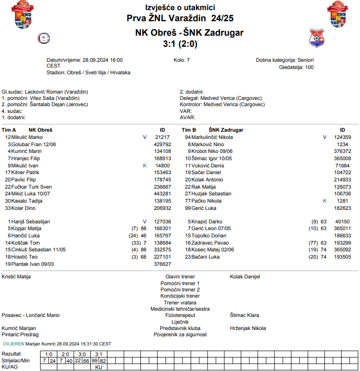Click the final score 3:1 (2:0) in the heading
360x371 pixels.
click(x=180, y=44)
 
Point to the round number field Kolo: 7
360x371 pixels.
click(x=181, y=60)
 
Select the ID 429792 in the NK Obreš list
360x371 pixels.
click(x=162, y=144)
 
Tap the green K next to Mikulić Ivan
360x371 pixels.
click(x=144, y=165)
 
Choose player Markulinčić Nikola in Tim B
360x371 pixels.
click(x=212, y=137)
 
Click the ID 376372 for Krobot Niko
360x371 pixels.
click(x=342, y=151)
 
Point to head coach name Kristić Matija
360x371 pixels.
click(x=16, y=276)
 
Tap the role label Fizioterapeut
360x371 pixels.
click(x=180, y=315)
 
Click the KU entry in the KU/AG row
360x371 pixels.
click(x=98, y=367)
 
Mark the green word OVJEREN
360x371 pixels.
click(x=14, y=344)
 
